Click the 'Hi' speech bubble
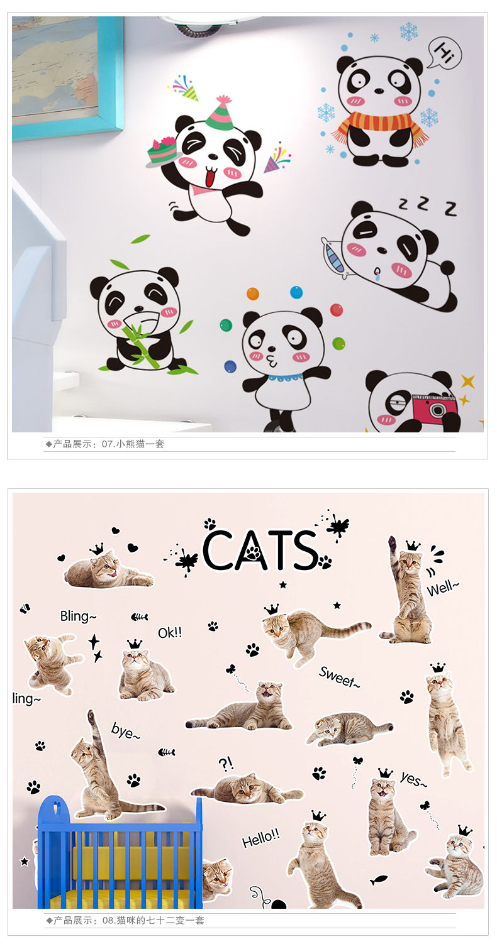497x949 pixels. (x=444, y=52)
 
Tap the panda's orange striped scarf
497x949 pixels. (x=379, y=124)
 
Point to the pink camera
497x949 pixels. (x=433, y=407)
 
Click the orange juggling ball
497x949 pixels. (x=253, y=293)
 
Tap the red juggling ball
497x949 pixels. (x=337, y=310)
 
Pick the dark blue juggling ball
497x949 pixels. (x=230, y=366)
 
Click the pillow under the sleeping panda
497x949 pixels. (x=333, y=258)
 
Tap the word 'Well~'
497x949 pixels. (x=442, y=588)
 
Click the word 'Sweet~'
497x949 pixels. (x=339, y=677)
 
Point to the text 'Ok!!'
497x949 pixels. (x=170, y=632)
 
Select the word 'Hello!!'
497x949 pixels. (x=261, y=838)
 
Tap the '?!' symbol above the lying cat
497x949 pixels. (x=226, y=764)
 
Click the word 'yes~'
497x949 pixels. (x=413, y=779)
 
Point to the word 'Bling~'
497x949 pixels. (x=79, y=617)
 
